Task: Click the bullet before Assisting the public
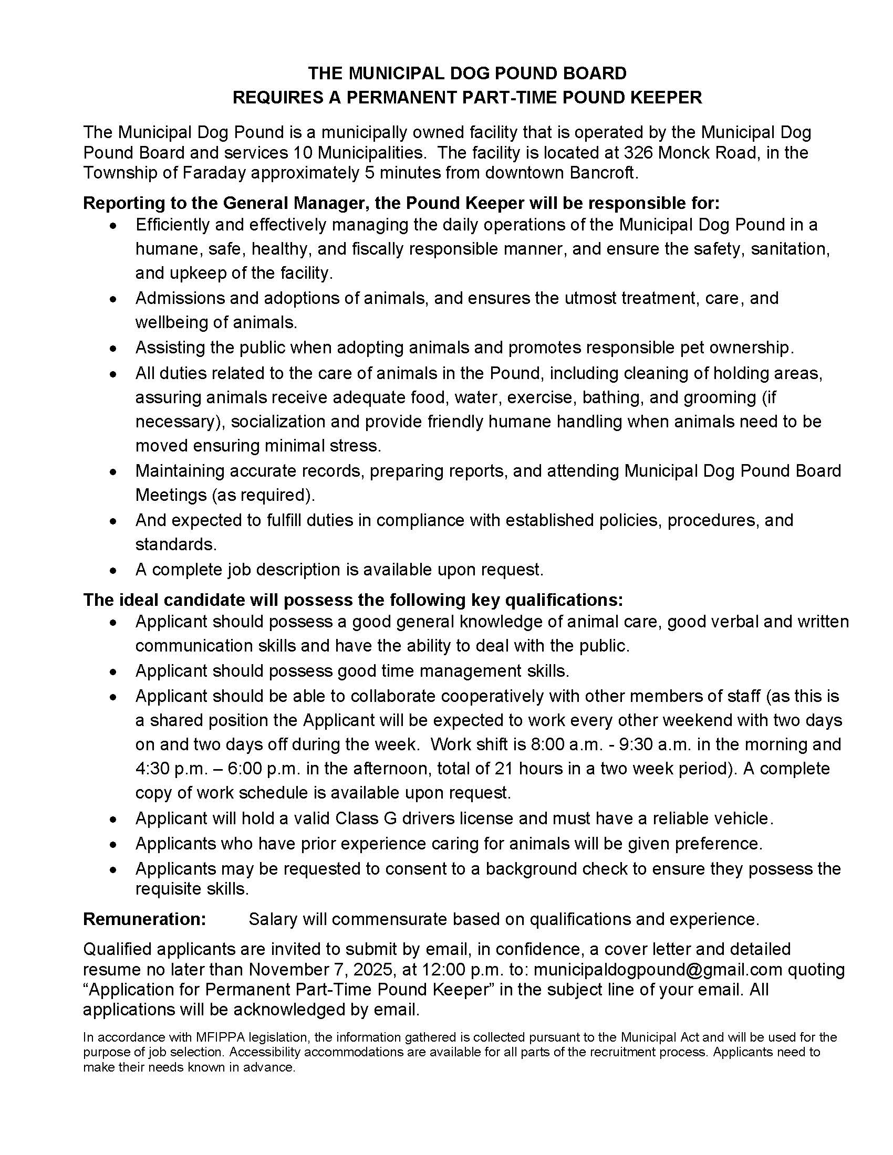(x=113, y=349)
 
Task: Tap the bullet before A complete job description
(x=113, y=571)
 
